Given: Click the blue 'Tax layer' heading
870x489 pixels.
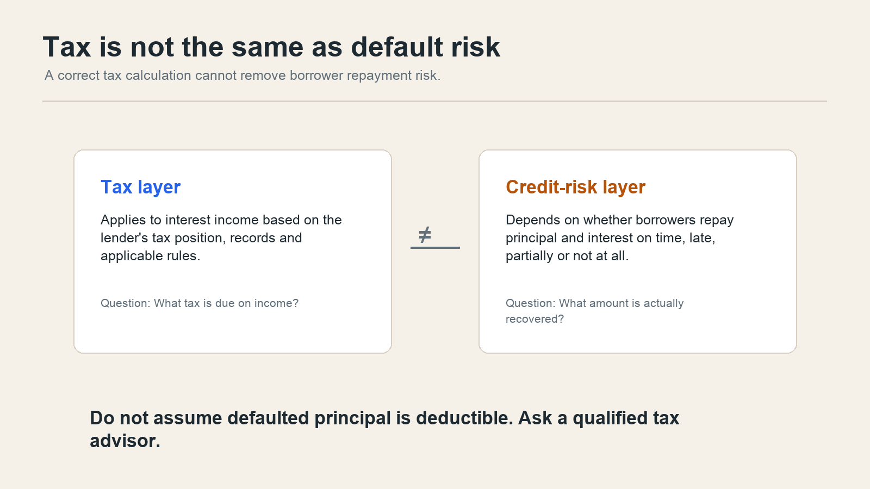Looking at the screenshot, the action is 141,187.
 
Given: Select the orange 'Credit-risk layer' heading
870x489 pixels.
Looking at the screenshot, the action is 576,187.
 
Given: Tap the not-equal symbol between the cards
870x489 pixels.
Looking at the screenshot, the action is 425,234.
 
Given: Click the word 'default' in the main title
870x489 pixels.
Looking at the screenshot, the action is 396,47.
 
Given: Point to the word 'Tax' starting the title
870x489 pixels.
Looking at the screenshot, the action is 67,47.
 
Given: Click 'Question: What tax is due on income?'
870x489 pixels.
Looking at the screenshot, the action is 200,303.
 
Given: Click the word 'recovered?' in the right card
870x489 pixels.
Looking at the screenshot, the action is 535,319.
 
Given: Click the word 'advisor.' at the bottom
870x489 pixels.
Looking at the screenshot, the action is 125,441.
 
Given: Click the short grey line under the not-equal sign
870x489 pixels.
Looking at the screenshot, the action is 435,248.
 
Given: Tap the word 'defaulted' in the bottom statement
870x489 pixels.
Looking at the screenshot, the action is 269,418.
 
